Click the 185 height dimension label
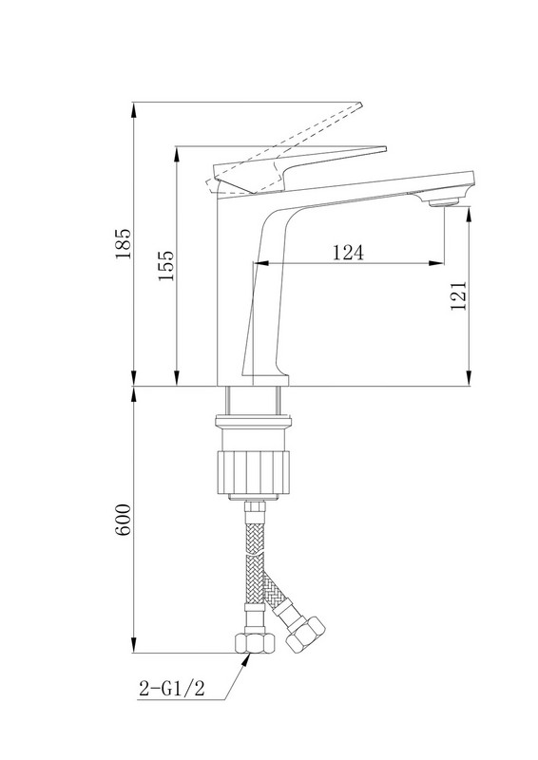[x=124, y=244]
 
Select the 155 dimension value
[x=166, y=266]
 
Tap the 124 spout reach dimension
[x=348, y=252]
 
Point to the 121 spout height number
[x=458, y=295]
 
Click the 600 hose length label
[x=124, y=520]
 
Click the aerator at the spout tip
[x=445, y=202]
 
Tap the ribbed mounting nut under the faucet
[x=253, y=473]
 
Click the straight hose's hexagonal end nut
[x=255, y=643]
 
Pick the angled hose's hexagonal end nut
[x=305, y=635]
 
